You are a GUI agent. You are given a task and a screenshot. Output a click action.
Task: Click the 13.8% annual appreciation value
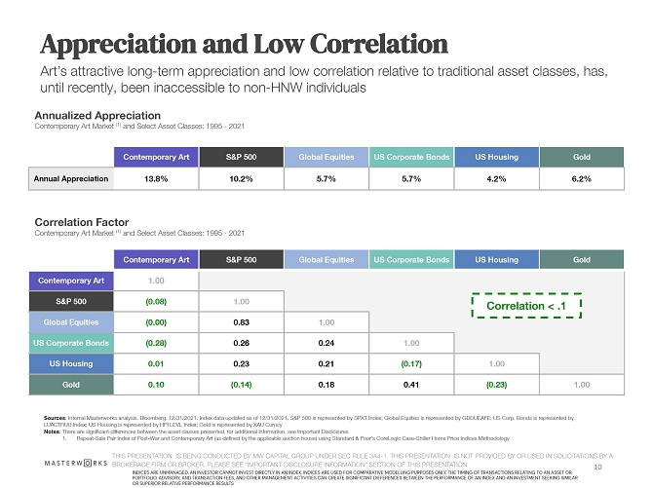pyautogui.click(x=156, y=179)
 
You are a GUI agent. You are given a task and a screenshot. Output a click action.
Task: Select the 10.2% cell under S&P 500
pyautogui.click(x=241, y=179)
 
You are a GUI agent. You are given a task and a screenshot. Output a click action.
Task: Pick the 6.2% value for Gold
pyautogui.click(x=582, y=179)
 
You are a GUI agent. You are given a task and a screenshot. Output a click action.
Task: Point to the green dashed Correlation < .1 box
pyautogui.click(x=526, y=306)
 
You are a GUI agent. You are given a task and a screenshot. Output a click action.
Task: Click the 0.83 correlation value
pyautogui.click(x=241, y=321)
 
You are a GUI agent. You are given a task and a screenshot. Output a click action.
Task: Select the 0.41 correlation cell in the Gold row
pyautogui.click(x=410, y=385)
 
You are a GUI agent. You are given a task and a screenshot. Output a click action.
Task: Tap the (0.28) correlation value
pyautogui.click(x=156, y=343)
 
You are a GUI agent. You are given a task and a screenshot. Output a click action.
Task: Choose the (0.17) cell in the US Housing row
pyautogui.click(x=410, y=364)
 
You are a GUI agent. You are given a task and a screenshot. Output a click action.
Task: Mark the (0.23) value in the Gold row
pyautogui.click(x=496, y=385)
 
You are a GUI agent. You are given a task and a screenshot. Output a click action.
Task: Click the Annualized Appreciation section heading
pyautogui.click(x=91, y=115)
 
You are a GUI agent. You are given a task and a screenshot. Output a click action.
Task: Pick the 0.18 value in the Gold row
pyautogui.click(x=326, y=385)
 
